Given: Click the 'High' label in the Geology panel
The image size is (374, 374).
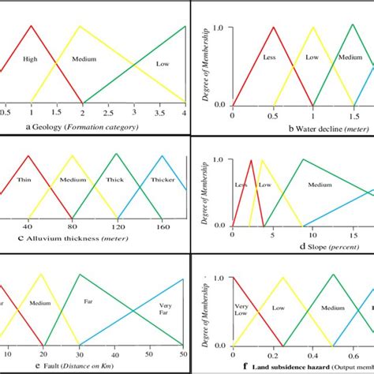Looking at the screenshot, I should tap(30, 58).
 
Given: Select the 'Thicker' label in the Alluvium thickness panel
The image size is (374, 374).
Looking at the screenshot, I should tap(162, 180).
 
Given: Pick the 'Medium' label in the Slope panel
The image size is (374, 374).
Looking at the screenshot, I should tap(320, 185).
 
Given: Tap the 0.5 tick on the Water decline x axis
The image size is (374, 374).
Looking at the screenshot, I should tap(272, 116).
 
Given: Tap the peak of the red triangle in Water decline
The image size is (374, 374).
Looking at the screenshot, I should tap(273, 28).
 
